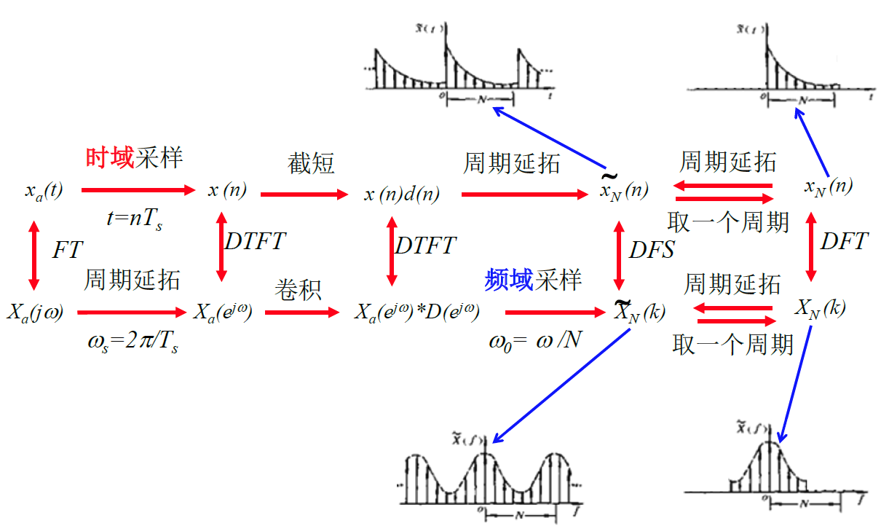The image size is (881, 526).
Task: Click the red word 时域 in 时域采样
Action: point(110,158)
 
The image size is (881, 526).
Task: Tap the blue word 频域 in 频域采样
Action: point(509,280)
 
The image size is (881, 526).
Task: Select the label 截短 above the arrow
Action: point(311,163)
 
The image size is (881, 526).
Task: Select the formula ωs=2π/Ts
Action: point(132,342)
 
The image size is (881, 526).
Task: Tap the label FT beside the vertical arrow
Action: point(68,251)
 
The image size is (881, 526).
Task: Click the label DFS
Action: point(652,250)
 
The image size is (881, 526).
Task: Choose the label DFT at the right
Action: point(844,242)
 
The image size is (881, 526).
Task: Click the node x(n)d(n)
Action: point(402,194)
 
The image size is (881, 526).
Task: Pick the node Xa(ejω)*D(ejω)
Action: point(416,313)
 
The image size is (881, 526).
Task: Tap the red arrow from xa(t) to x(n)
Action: point(138,190)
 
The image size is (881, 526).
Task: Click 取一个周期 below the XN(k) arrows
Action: point(732,344)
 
